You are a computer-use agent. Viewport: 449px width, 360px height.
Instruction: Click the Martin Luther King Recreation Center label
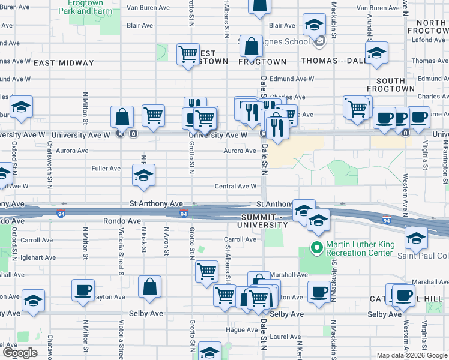coord(363,248)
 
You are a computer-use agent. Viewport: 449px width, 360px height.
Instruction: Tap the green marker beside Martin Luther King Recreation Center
coord(315,247)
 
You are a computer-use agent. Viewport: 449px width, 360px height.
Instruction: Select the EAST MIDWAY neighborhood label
coord(64,63)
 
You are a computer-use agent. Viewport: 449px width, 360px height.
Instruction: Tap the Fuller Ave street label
coord(106,169)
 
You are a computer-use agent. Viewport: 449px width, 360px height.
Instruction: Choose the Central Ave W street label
coord(236,187)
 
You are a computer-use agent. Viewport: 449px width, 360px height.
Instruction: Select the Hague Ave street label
coord(242,329)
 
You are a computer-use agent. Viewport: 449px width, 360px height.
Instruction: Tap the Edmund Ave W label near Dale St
coord(292,79)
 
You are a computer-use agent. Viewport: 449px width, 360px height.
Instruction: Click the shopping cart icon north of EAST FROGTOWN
coord(188,55)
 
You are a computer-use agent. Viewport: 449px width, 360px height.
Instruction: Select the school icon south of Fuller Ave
coord(143,175)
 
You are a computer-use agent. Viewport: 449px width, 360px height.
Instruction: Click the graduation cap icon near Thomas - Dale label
coord(377,54)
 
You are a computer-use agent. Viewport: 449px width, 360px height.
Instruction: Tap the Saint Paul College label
coord(423,255)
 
